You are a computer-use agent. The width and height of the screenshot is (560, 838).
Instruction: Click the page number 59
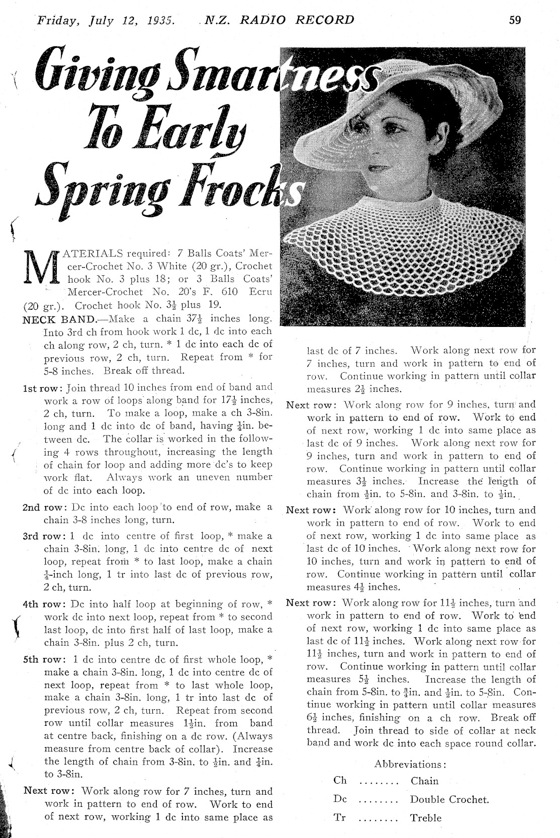[515, 20]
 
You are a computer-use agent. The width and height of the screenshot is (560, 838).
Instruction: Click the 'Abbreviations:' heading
[410, 765]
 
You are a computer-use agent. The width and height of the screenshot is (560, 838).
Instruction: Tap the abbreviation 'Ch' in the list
[340, 781]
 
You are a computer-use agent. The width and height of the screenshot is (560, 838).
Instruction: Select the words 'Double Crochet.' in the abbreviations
[449, 799]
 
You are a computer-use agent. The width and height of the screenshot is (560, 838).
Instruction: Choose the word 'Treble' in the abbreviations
[426, 818]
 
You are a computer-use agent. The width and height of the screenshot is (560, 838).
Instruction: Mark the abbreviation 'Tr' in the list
[340, 817]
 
